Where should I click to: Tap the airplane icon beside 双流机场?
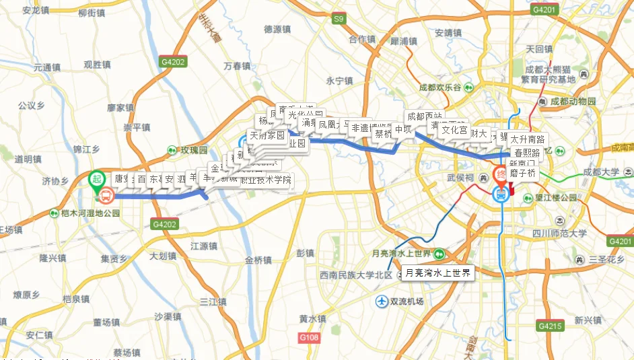(382, 301)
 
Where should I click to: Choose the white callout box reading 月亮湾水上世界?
(437, 273)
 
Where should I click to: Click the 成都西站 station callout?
(425, 116)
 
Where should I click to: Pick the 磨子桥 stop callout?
(522, 173)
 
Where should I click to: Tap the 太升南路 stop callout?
(528, 139)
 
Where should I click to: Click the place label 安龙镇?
(36, 11)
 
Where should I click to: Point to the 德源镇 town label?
(277, 30)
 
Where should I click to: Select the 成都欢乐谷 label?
(440, 87)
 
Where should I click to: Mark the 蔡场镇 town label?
(126, 352)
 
